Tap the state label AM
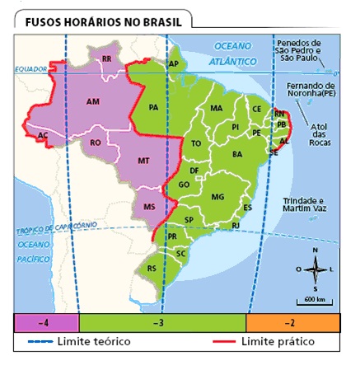tap(92, 101)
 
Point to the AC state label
tap(42, 135)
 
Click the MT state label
tap(143, 161)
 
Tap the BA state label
tap(237, 154)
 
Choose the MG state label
tap(217, 197)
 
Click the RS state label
tap(151, 268)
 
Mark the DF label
tap(194, 171)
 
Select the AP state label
tap(173, 63)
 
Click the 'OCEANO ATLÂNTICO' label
tap(233, 53)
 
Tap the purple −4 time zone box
tap(48, 322)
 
